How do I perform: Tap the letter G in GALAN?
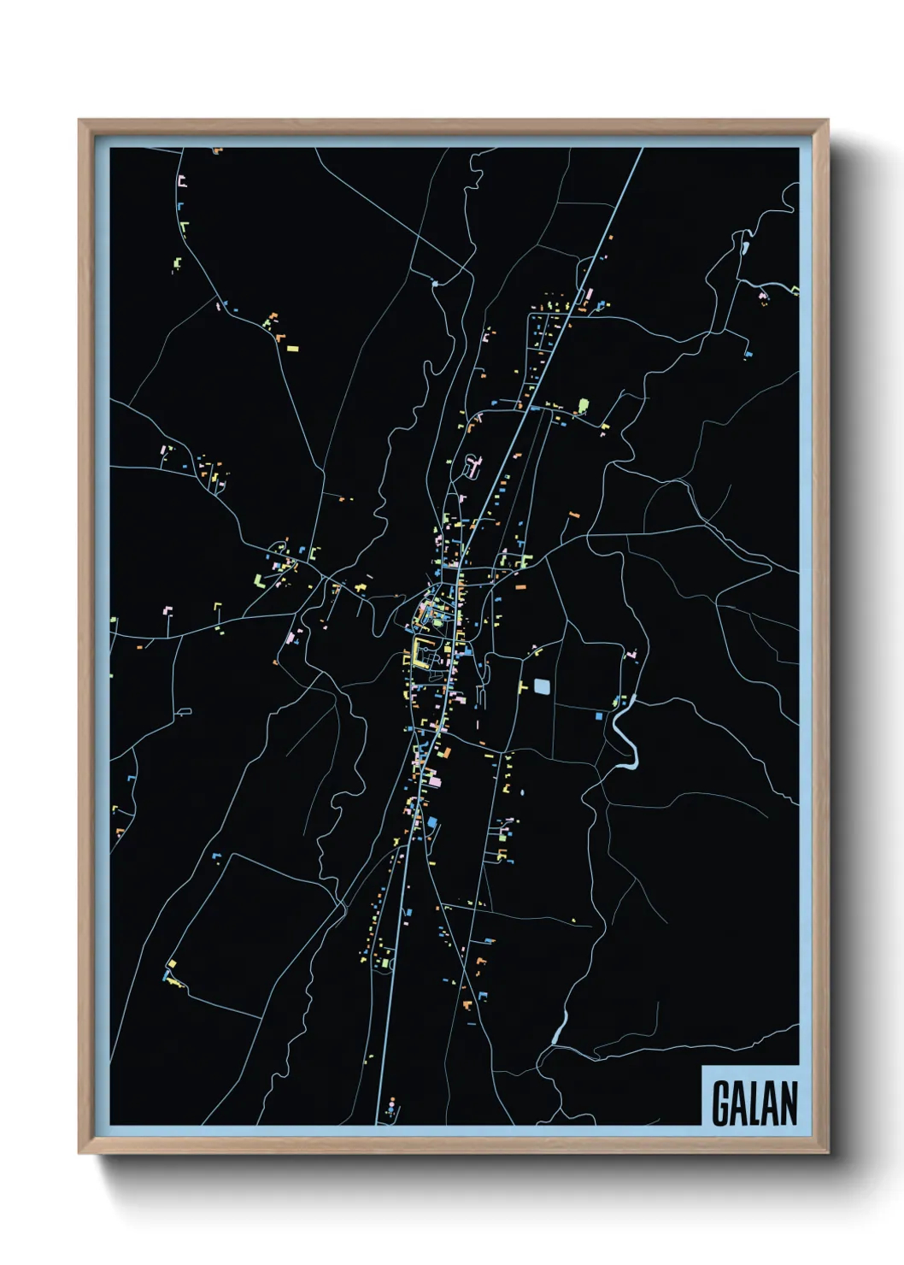(x=721, y=1103)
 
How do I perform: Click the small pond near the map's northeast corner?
(x=746, y=248)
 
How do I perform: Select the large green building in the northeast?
(x=584, y=404)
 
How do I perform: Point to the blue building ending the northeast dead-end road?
(x=748, y=353)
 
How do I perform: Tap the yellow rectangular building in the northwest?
(x=292, y=348)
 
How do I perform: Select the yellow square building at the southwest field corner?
(x=172, y=963)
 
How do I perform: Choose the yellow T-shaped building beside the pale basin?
(x=523, y=686)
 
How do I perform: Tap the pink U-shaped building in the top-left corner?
(x=182, y=181)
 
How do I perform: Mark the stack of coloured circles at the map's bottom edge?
(x=392, y=1109)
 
